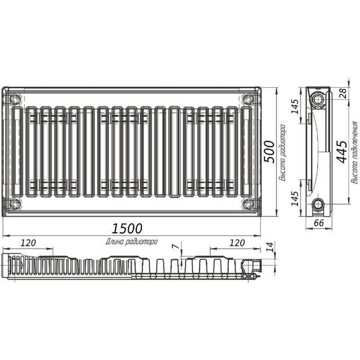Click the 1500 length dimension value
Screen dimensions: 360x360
(x=127, y=228)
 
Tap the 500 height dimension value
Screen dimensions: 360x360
(x=269, y=152)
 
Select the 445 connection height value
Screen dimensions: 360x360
(x=342, y=152)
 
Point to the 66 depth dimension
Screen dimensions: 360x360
(x=319, y=223)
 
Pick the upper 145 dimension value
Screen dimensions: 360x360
(x=295, y=106)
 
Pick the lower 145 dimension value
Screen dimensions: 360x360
(x=295, y=199)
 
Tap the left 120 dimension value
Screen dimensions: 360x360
(x=29, y=243)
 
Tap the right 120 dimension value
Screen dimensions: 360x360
(x=237, y=243)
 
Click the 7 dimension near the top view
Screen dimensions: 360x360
(x=175, y=246)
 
